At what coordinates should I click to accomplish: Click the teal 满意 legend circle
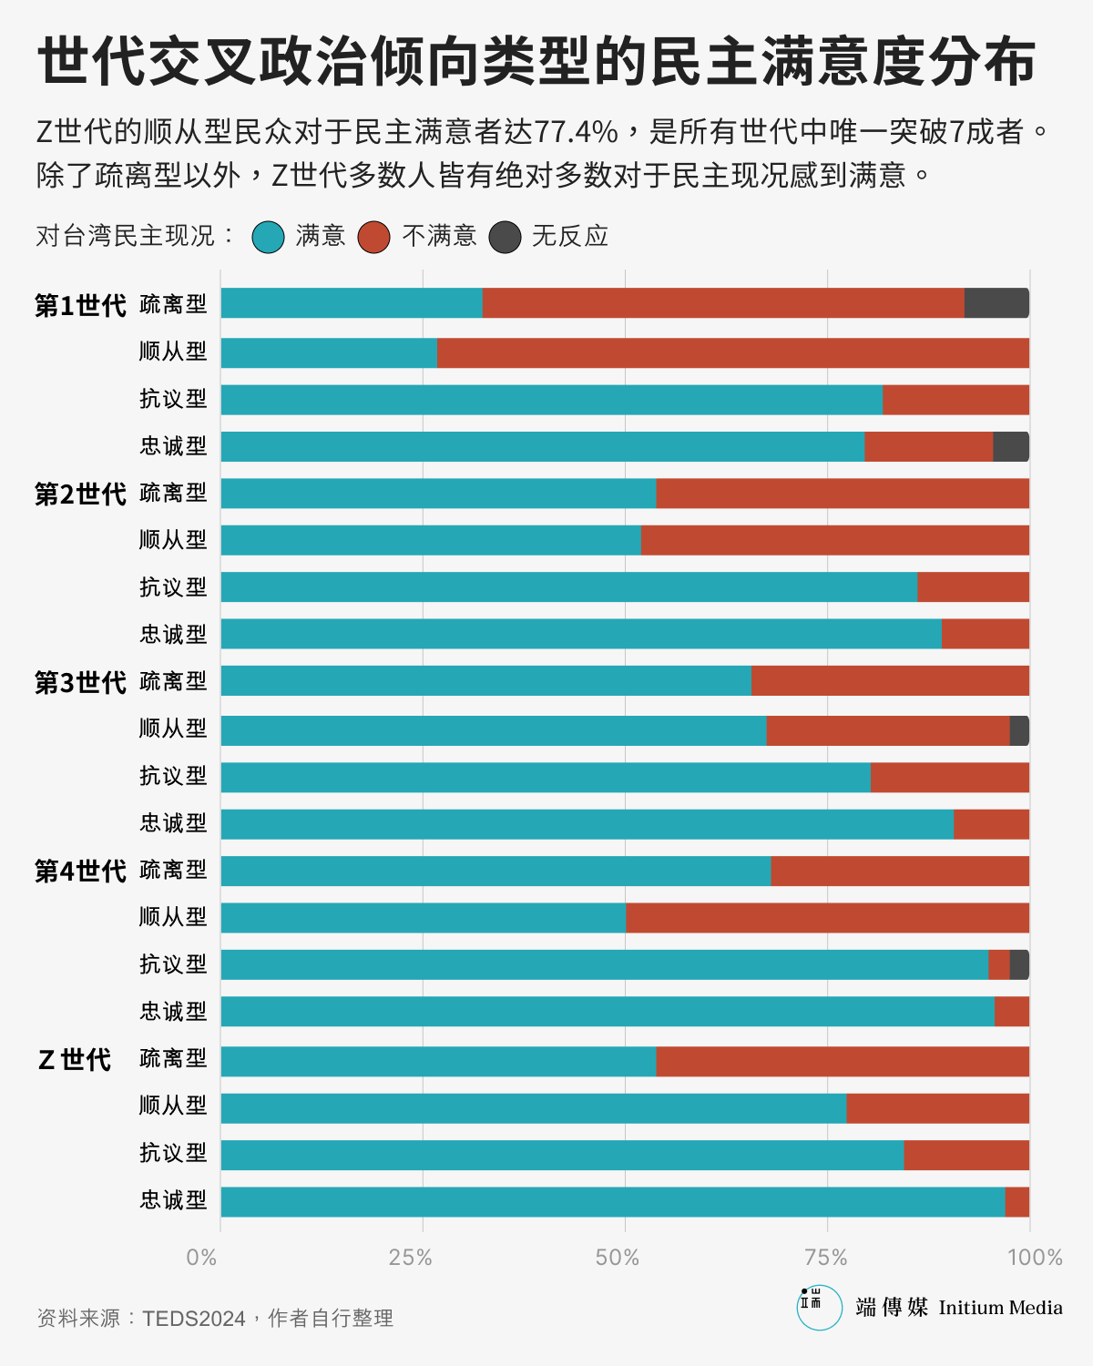click(x=269, y=237)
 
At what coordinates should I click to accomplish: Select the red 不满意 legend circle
click(x=374, y=237)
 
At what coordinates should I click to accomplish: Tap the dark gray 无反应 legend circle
click(x=505, y=237)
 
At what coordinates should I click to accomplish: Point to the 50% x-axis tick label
click(x=618, y=1258)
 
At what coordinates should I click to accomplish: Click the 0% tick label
click(x=201, y=1258)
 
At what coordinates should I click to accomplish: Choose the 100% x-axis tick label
click(x=1035, y=1258)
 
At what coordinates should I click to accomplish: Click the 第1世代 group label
click(x=80, y=305)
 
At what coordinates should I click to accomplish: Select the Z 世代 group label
click(x=75, y=1059)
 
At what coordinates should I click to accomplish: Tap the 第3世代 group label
click(x=80, y=682)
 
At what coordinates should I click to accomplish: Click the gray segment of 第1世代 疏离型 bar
click(x=996, y=303)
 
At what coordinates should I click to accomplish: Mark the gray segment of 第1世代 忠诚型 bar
click(x=1011, y=446)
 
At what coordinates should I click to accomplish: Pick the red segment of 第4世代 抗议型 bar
click(x=999, y=964)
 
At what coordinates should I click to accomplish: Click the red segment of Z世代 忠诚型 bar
click(x=1017, y=1201)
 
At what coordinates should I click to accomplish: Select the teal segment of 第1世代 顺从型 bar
click(x=329, y=352)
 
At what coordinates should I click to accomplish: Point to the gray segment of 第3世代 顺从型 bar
click(x=1019, y=730)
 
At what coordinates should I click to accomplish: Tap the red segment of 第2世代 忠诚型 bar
click(x=986, y=634)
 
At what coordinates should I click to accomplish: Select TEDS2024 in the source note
click(x=194, y=1318)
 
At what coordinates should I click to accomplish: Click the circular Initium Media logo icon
click(x=819, y=1307)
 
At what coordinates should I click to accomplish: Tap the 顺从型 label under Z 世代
click(x=173, y=1106)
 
